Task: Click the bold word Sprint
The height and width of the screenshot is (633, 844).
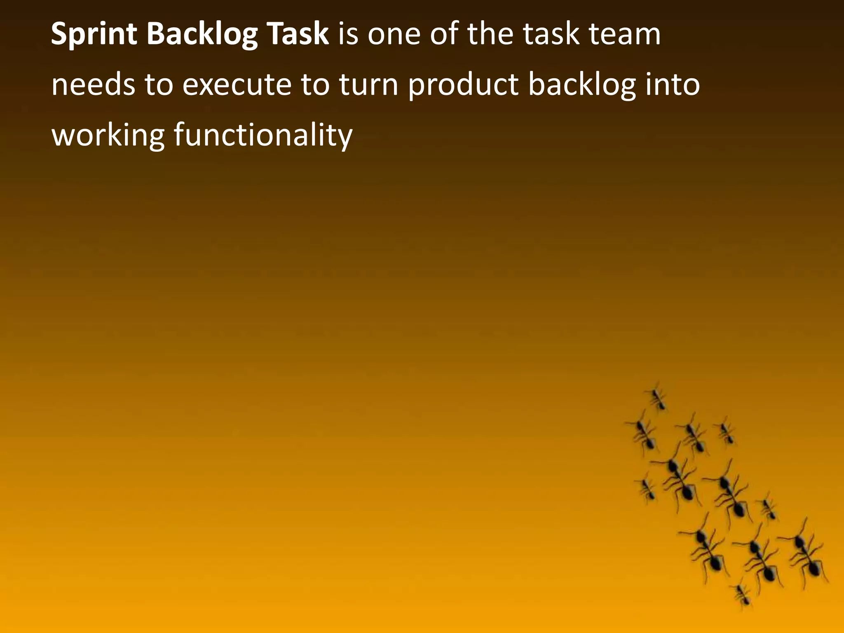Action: [x=94, y=35]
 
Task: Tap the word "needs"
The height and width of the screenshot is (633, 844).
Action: [x=93, y=85]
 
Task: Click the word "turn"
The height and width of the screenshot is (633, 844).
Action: [x=368, y=85]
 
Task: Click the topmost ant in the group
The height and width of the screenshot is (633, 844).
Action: [x=657, y=398]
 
